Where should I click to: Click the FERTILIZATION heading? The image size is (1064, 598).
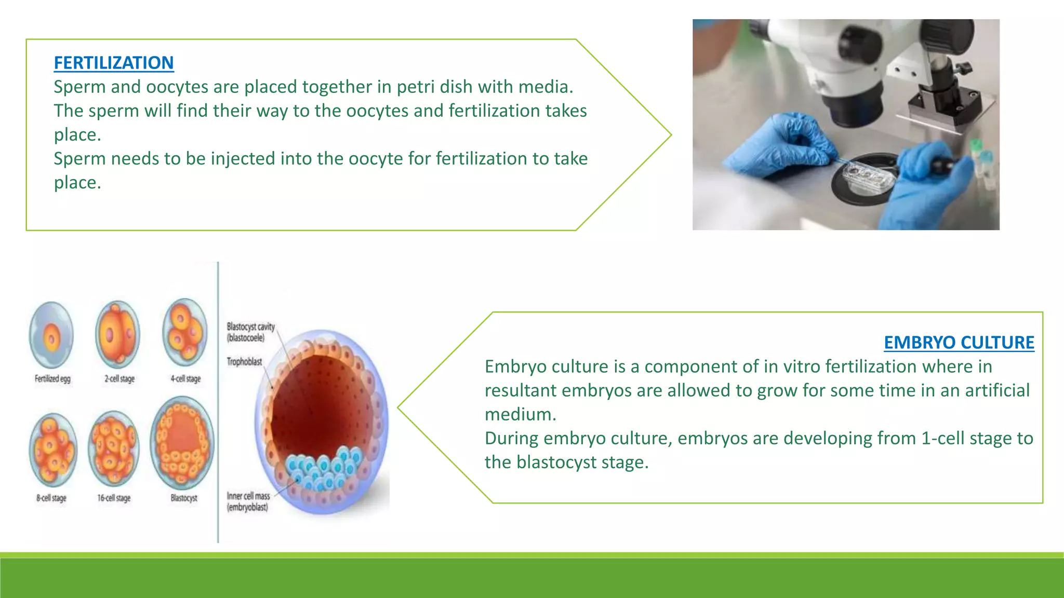point(114,63)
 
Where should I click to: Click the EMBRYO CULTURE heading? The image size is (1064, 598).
point(959,343)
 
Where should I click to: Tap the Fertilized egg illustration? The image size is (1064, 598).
point(51,335)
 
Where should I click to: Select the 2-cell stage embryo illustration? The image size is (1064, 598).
point(118,335)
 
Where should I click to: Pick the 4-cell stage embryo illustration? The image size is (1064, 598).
point(184,332)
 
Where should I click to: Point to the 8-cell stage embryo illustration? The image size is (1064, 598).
point(52,450)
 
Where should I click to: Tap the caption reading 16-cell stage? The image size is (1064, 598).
point(114,498)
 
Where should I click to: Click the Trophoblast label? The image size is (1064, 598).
point(244,362)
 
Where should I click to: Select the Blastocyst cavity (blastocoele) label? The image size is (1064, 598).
point(250,332)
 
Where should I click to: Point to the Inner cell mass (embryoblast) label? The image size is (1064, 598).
point(248,501)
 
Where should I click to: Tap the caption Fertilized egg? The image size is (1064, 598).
point(52,379)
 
